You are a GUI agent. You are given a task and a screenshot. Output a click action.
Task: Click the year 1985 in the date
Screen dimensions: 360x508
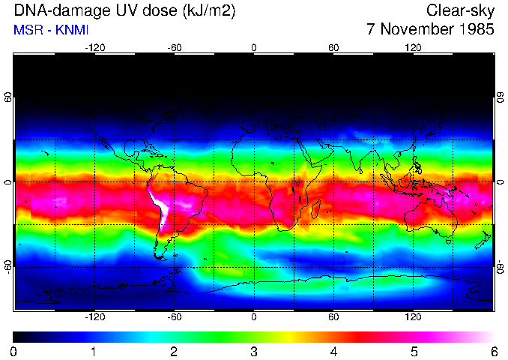click(x=474, y=30)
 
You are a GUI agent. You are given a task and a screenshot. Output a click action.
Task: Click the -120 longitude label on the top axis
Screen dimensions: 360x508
click(x=94, y=47)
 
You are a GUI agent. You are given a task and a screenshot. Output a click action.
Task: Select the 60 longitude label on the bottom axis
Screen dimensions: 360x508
click(x=333, y=317)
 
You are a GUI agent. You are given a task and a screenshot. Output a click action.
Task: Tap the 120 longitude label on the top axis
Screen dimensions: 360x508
click(x=413, y=47)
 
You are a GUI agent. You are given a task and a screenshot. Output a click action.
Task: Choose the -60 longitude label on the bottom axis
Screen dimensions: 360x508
click(x=174, y=317)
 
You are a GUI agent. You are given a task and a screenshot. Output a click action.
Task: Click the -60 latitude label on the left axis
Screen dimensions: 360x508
click(x=7, y=266)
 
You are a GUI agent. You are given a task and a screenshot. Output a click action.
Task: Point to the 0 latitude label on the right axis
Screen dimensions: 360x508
click(x=500, y=182)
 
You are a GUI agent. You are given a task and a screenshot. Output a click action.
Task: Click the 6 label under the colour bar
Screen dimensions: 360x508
click(x=494, y=351)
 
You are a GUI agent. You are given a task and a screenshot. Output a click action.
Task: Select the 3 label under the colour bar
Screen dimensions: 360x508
click(x=254, y=351)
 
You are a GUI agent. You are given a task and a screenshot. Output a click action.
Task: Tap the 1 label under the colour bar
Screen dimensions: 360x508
click(x=94, y=351)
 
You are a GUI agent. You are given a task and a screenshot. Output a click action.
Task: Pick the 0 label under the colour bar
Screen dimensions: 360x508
click(x=14, y=351)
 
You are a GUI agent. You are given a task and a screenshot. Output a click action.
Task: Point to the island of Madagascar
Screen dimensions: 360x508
click(x=318, y=208)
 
